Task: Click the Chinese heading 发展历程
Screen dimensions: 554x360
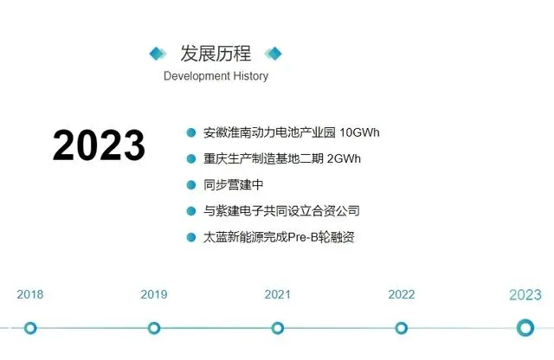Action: click(x=216, y=54)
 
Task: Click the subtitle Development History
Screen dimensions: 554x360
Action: click(x=216, y=76)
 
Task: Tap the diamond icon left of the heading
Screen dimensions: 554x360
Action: click(x=158, y=54)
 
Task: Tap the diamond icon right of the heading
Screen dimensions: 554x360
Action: click(x=274, y=54)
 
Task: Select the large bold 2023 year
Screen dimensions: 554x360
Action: click(x=99, y=145)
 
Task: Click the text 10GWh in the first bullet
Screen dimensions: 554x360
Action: click(x=360, y=132)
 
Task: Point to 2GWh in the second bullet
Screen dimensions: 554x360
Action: click(x=344, y=158)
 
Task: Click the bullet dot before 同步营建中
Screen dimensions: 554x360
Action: click(x=191, y=185)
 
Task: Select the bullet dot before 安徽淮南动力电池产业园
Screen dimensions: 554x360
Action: click(x=191, y=132)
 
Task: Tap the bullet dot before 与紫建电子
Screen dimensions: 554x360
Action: click(x=191, y=211)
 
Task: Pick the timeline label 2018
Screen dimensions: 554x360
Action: click(x=30, y=294)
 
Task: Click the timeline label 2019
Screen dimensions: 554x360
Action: click(x=154, y=294)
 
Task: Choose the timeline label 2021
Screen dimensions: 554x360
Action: click(x=277, y=294)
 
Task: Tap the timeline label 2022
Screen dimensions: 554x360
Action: click(x=402, y=294)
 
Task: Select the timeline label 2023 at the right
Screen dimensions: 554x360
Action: click(x=525, y=294)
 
